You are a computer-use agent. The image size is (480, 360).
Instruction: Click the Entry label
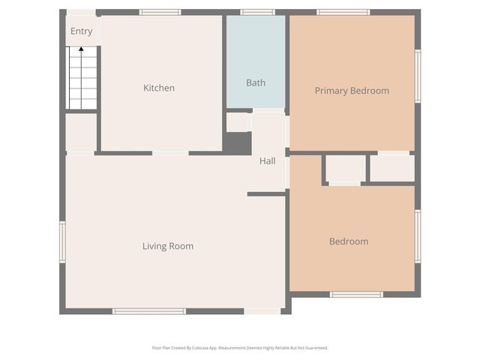pyautogui.click(x=82, y=31)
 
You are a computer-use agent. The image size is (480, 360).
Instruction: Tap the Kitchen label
pyautogui.click(x=159, y=88)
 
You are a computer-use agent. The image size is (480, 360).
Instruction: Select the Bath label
pyautogui.click(x=256, y=82)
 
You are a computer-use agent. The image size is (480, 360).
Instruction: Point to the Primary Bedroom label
pyautogui.click(x=352, y=91)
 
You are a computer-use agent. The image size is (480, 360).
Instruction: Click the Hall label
pyautogui.click(x=268, y=160)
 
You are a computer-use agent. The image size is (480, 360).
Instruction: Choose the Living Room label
pyautogui.click(x=168, y=246)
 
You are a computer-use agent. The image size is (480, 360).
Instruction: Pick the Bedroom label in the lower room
pyautogui.click(x=349, y=241)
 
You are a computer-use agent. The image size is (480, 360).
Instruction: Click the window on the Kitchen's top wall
pyautogui.click(x=160, y=12)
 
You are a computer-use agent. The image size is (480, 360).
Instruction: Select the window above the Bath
pyautogui.click(x=258, y=12)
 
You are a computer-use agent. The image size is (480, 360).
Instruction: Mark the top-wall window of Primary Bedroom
pyautogui.click(x=343, y=12)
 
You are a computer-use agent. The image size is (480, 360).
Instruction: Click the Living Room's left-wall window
pyautogui.click(x=63, y=242)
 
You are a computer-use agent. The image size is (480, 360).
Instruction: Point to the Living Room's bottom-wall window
pyautogui.click(x=149, y=311)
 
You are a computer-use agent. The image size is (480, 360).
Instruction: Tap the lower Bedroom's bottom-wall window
pyautogui.click(x=356, y=295)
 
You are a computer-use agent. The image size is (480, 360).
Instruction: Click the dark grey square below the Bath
pyautogui.click(x=238, y=143)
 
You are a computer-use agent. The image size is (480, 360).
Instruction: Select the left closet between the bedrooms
pyautogui.click(x=346, y=169)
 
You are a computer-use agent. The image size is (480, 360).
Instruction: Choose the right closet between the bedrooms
pyautogui.click(x=392, y=168)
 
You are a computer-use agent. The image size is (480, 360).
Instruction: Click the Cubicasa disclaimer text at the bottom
pyautogui.click(x=240, y=348)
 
